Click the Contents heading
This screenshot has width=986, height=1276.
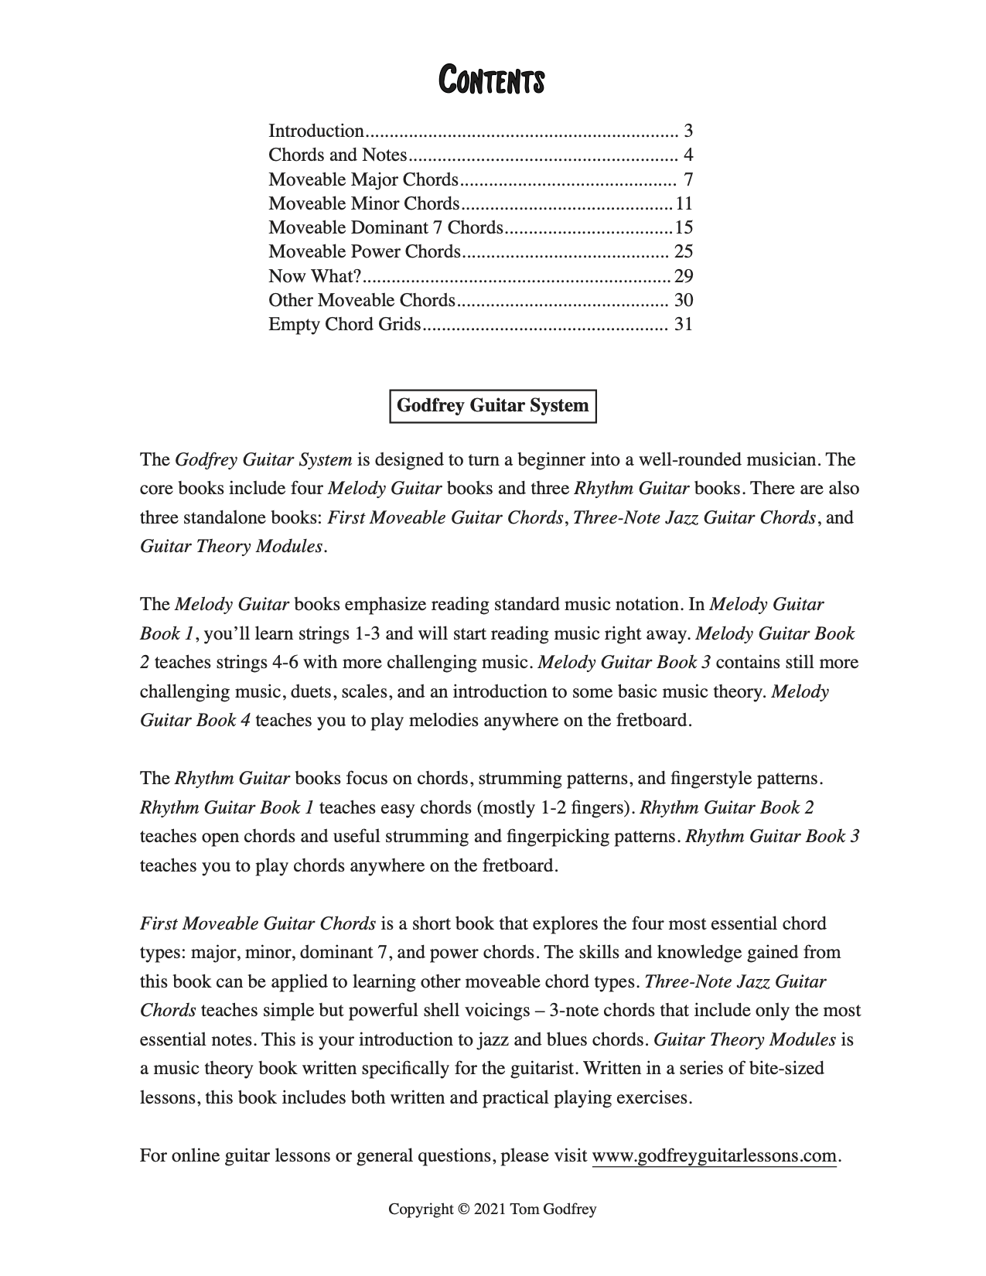(492, 80)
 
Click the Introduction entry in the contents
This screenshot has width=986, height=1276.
(316, 131)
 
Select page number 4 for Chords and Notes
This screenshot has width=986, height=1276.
(687, 155)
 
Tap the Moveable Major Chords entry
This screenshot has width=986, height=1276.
(363, 179)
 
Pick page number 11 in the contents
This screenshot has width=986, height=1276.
(684, 203)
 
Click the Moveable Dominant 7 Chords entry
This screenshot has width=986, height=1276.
(385, 227)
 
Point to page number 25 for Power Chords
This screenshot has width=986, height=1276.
(683, 251)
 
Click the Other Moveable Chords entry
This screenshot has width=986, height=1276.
(361, 300)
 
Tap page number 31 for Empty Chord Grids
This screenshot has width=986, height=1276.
(683, 324)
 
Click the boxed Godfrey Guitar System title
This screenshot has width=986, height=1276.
(493, 406)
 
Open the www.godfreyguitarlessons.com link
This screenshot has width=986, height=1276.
(714, 1156)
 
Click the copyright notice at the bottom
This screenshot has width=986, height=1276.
(492, 1209)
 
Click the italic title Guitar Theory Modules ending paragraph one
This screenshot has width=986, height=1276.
(231, 547)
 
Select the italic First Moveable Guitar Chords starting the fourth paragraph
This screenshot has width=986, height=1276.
(258, 924)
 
